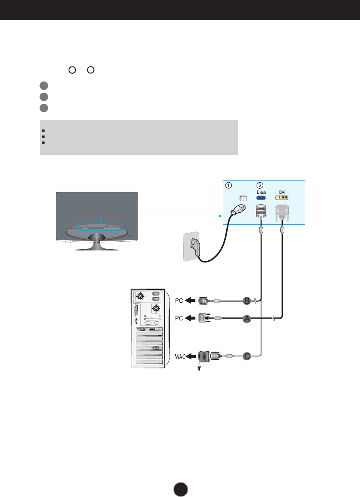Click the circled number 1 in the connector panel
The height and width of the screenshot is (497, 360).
[229, 186]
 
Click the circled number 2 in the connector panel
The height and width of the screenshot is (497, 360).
[260, 186]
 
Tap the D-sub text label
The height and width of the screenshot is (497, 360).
[261, 193]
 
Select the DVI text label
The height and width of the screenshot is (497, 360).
[282, 193]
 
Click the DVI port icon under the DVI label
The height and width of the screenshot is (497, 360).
[282, 199]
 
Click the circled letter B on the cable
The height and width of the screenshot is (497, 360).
[247, 301]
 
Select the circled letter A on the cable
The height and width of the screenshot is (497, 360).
[247, 319]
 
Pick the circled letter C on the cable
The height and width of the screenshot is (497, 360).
[247, 355]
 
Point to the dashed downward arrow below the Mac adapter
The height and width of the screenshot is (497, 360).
[199, 368]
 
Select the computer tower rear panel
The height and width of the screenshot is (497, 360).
[147, 328]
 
